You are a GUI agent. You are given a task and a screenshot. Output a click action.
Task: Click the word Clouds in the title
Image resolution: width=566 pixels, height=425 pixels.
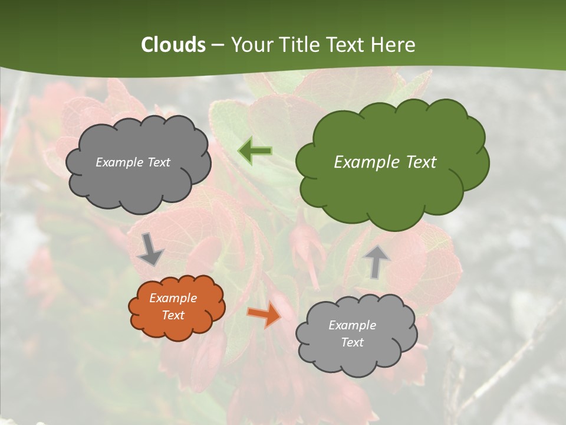click(x=173, y=45)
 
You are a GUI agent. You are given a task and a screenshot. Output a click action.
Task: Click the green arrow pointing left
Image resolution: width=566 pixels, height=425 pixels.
click(x=255, y=151)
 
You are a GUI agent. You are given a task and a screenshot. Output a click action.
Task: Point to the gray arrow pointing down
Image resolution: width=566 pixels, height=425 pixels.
click(x=151, y=250)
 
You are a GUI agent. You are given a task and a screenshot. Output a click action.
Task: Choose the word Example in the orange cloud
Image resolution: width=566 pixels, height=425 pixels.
click(x=173, y=298)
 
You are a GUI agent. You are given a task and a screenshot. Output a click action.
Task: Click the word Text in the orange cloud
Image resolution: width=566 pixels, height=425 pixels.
click(x=173, y=315)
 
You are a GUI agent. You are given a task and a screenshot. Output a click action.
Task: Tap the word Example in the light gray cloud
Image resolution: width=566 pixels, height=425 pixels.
click(x=352, y=325)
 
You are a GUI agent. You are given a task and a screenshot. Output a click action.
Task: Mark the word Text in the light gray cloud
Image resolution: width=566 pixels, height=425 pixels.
click(x=352, y=342)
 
